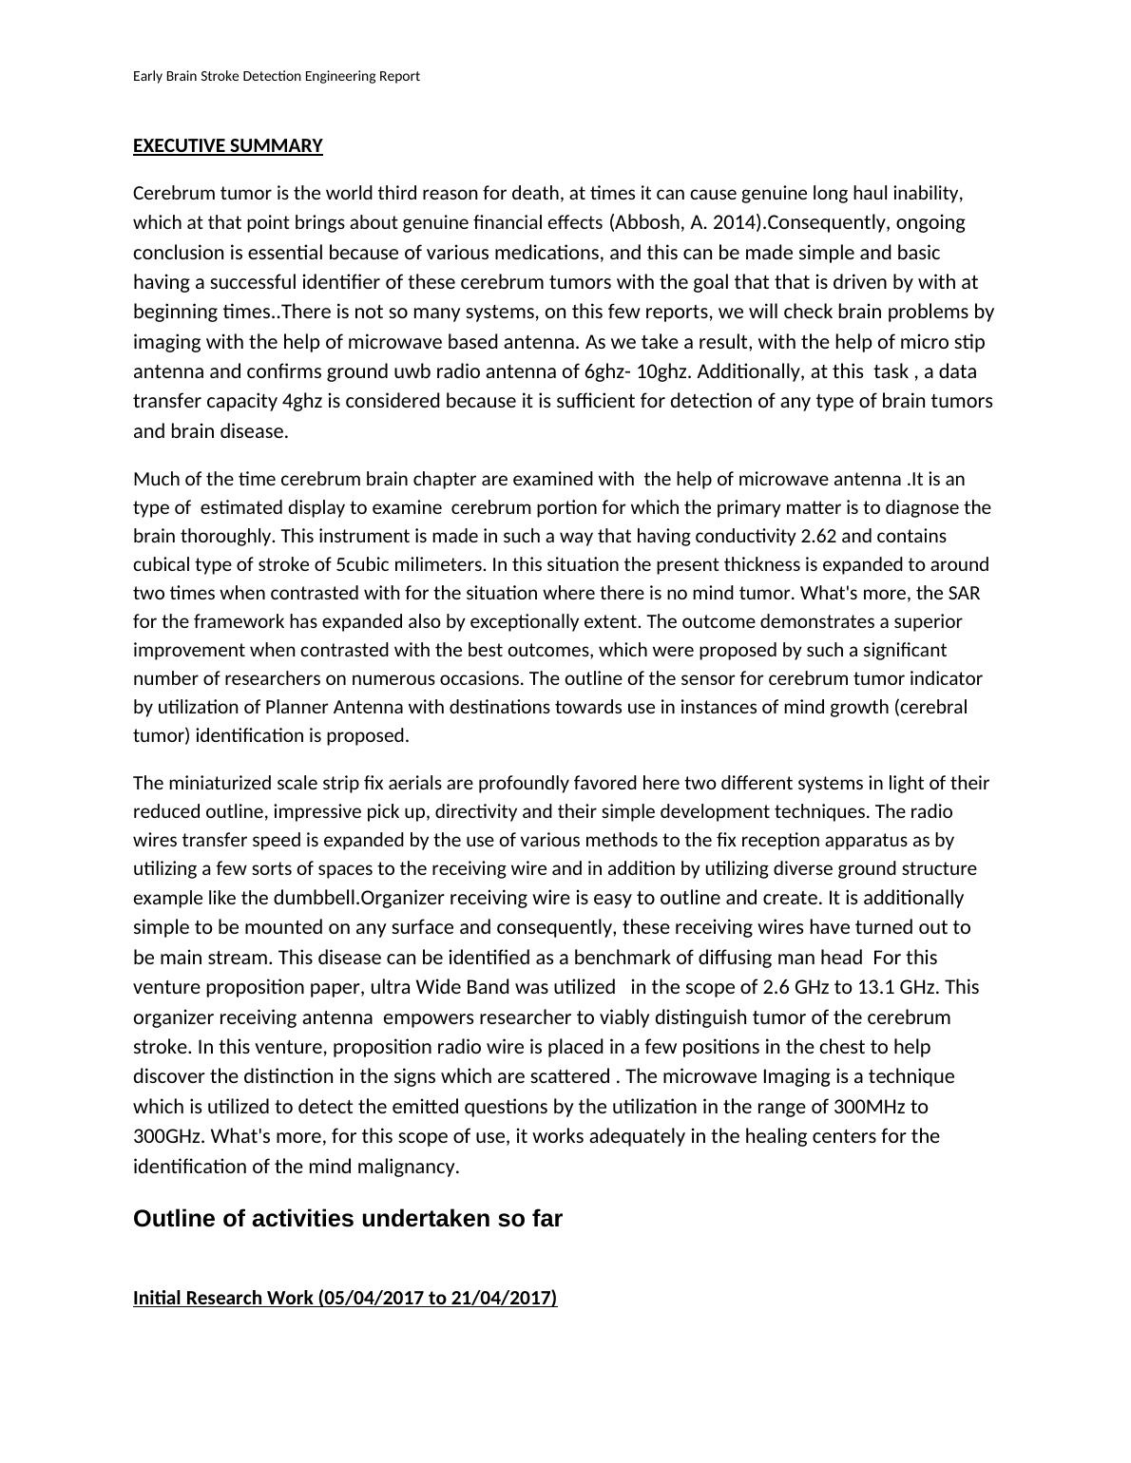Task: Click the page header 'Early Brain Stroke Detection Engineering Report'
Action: click(276, 76)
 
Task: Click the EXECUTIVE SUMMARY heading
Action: click(228, 145)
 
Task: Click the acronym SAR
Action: click(964, 593)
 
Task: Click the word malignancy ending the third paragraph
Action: click(410, 1167)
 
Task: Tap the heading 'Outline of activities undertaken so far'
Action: click(348, 1219)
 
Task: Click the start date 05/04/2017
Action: click(368, 1298)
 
